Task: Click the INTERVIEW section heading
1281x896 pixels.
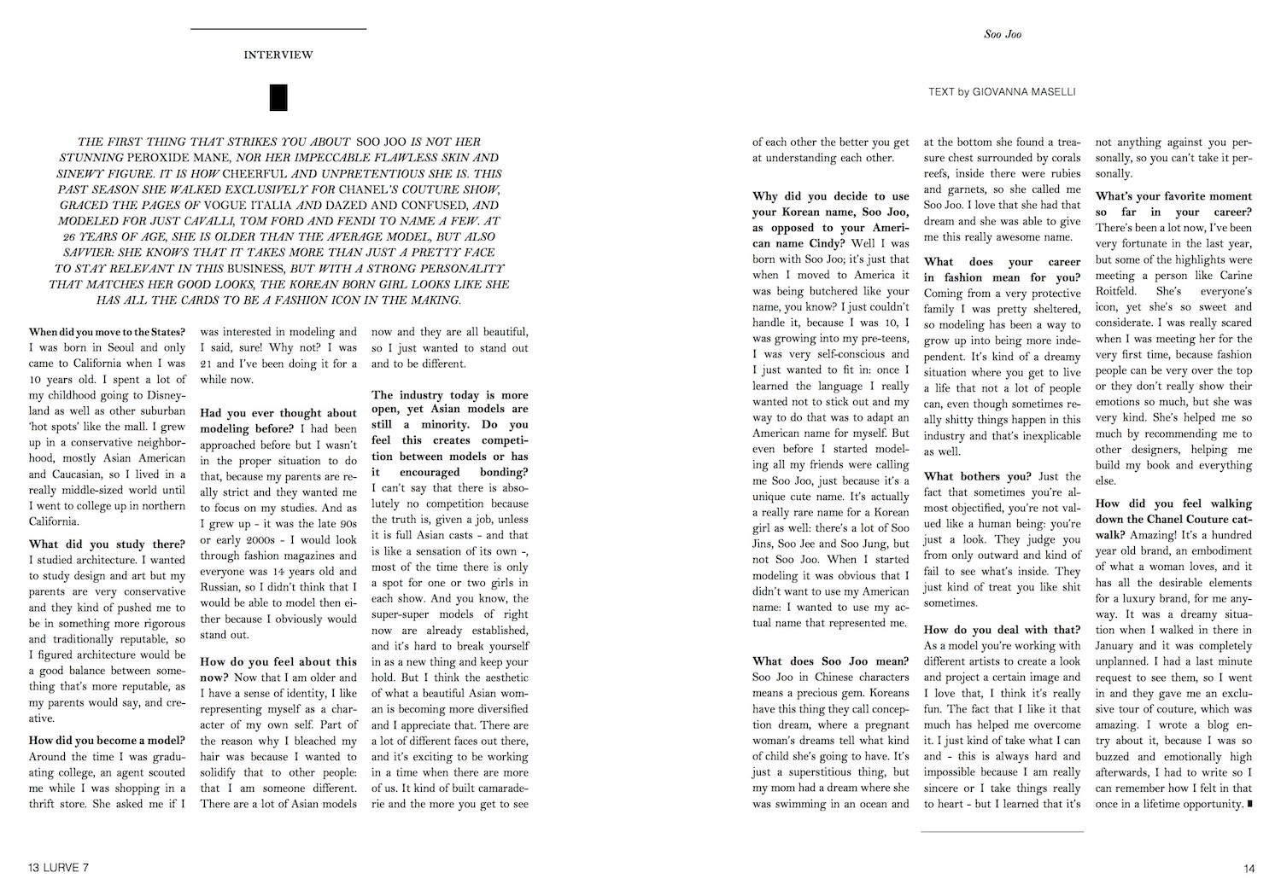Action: (x=278, y=55)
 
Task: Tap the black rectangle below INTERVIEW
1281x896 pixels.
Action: (x=278, y=98)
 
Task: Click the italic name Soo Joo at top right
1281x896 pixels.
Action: (x=1003, y=34)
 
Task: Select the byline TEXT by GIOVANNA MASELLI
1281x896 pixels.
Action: (x=1002, y=92)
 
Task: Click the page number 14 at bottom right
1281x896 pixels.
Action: (x=1249, y=869)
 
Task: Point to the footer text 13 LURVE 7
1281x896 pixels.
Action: (x=58, y=869)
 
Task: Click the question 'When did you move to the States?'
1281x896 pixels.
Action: (x=107, y=332)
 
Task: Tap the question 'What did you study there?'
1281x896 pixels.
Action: (x=107, y=544)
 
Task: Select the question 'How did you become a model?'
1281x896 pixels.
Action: (x=107, y=741)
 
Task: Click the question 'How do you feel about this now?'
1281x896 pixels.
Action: (x=278, y=670)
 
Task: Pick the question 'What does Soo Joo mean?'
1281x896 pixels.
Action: (x=830, y=661)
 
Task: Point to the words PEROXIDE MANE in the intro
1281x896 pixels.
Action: (x=169, y=158)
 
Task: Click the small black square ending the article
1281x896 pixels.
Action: (x=1249, y=804)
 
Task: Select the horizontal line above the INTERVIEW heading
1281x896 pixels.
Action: (x=278, y=30)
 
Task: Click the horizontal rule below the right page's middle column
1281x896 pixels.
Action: (x=1002, y=831)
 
